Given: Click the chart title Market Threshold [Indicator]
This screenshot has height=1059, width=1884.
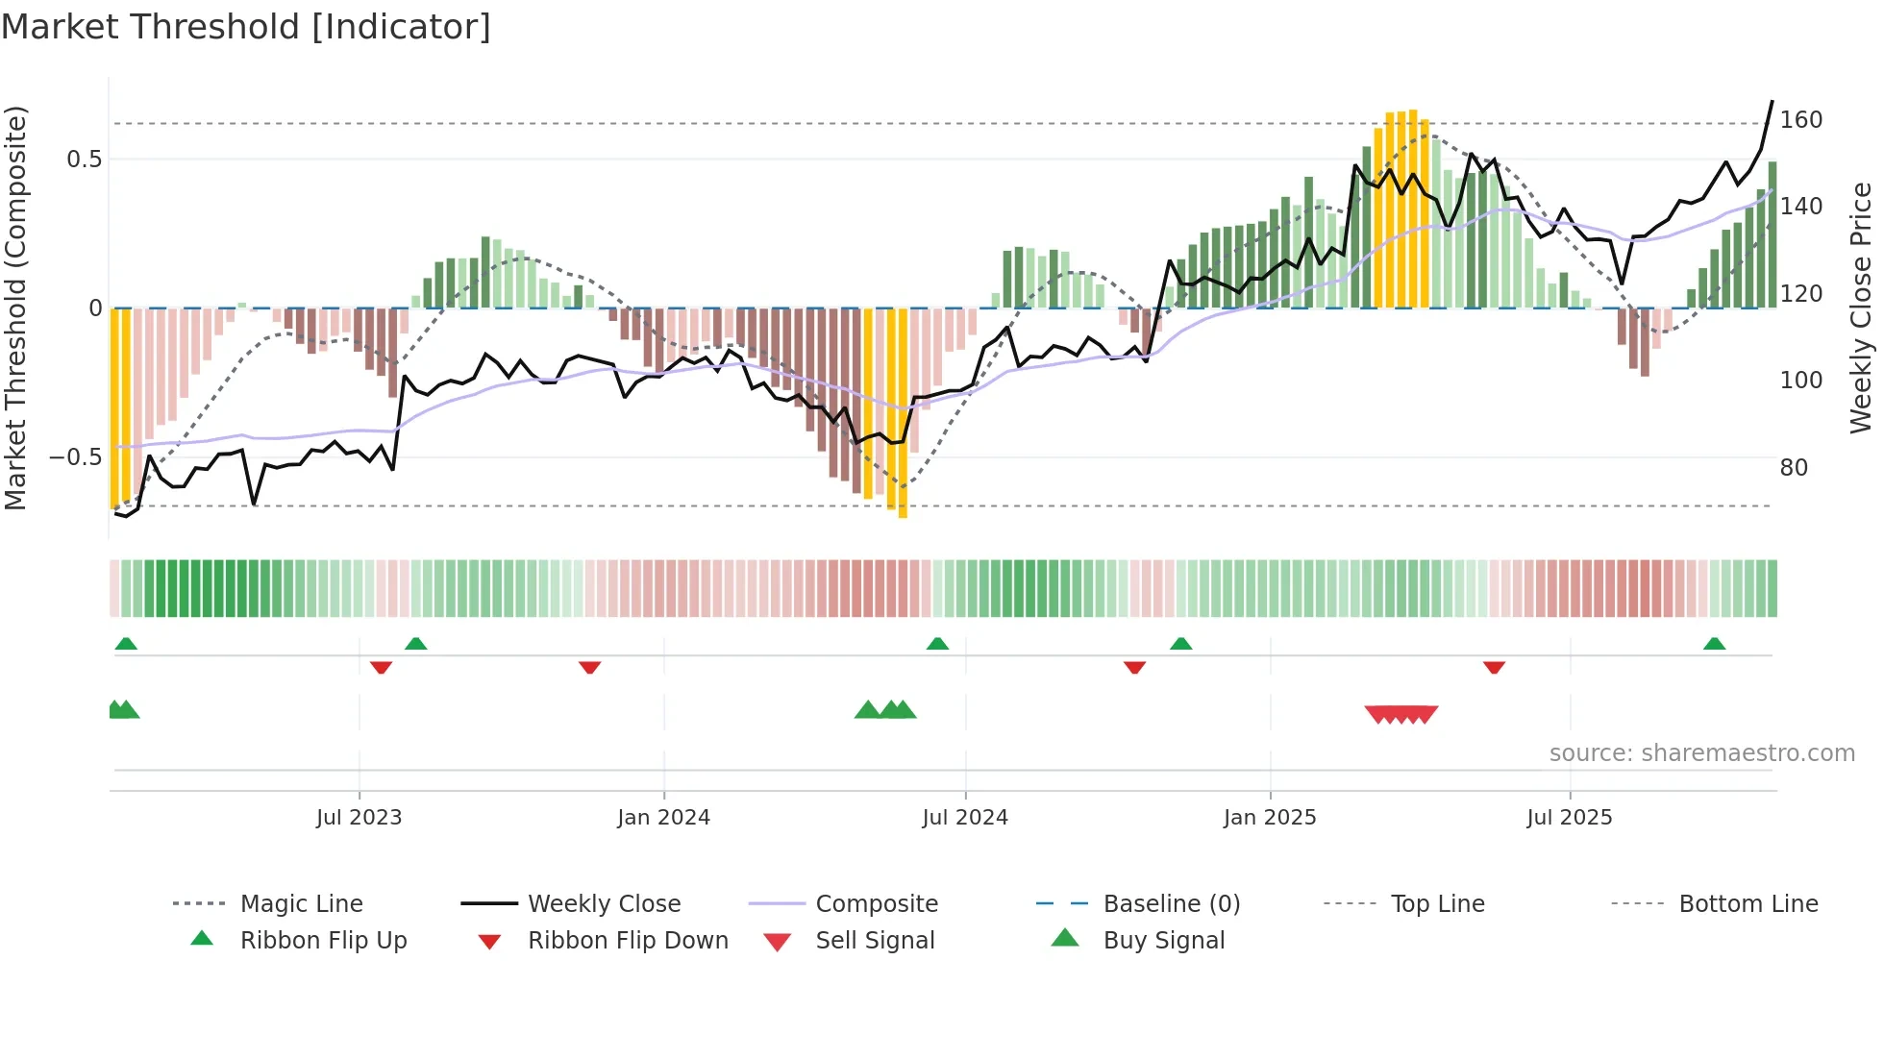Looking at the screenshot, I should [x=246, y=27].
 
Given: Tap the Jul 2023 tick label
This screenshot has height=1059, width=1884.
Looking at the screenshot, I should [x=359, y=818].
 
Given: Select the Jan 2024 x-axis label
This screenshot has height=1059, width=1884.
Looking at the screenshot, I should [x=663, y=818].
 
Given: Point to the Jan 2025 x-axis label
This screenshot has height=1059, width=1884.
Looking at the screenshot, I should [x=1270, y=818].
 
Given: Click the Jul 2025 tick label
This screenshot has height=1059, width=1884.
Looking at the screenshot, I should [x=1570, y=818].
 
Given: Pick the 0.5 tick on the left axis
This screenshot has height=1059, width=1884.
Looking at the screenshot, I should [x=85, y=160].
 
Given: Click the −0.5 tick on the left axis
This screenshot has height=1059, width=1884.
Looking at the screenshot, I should [x=76, y=457].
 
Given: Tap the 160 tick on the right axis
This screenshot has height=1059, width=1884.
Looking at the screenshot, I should [x=1800, y=120].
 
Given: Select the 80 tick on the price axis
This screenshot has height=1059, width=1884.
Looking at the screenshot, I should [x=1794, y=468].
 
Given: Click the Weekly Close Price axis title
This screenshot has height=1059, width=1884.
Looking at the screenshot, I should [x=1861, y=308].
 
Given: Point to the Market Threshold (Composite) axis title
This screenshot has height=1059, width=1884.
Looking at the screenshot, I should [x=15, y=308].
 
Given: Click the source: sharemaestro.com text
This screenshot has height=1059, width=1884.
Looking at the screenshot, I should [x=1701, y=753].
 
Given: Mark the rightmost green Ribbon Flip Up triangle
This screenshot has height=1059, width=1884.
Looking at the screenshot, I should [x=1714, y=644].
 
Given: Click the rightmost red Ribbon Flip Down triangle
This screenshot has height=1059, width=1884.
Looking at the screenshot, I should [x=1494, y=667].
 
